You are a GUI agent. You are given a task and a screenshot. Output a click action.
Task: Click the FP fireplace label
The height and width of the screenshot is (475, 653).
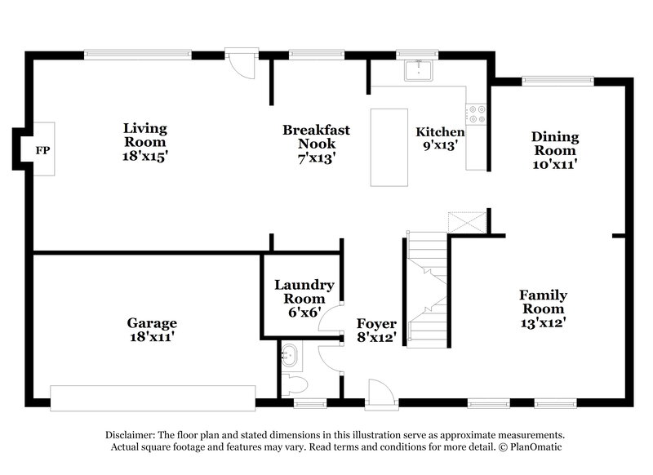42,150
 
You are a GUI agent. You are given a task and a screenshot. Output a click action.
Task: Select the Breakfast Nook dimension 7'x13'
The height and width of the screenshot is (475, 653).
316,158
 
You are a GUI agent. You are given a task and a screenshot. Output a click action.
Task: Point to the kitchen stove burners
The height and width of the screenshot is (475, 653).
476,114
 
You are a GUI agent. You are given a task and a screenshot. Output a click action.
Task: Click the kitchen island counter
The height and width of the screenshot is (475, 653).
389,147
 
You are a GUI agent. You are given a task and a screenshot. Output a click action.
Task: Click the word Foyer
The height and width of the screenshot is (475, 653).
376,323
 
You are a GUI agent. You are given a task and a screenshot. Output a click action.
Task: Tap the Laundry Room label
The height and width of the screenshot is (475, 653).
304,291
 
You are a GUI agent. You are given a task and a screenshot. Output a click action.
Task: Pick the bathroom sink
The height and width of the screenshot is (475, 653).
291,356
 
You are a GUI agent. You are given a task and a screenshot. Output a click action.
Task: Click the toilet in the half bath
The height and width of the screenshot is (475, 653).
295,384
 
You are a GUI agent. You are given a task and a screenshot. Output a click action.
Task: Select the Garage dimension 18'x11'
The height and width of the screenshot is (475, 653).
152,336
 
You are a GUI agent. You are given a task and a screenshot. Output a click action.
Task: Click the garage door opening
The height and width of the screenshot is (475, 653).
153,397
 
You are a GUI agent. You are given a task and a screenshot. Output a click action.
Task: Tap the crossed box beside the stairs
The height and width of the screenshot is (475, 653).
467,222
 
